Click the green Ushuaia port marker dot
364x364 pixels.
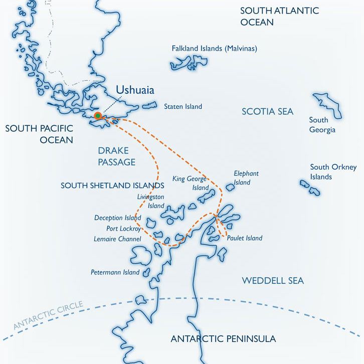click(x=97, y=115)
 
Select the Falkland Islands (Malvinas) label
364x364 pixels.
click(x=214, y=49)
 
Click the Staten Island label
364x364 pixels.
click(x=183, y=106)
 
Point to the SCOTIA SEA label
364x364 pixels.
click(x=267, y=111)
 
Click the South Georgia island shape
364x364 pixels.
click(x=327, y=105)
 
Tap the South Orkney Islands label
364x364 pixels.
click(x=333, y=172)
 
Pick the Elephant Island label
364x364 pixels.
click(x=246, y=177)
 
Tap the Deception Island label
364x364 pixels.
click(x=117, y=218)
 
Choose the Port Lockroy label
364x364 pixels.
click(x=123, y=229)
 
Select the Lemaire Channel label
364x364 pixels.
click(x=117, y=239)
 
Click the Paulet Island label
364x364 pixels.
click(x=244, y=238)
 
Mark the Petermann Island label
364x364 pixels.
click(x=114, y=273)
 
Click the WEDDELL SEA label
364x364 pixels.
click(x=273, y=281)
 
